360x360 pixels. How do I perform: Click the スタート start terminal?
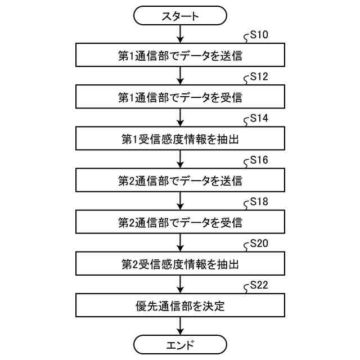[180, 16]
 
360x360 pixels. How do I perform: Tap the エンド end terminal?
[180, 343]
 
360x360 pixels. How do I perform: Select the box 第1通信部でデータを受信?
[180, 97]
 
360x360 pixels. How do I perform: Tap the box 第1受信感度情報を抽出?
[180, 139]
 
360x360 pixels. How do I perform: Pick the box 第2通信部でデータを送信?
[180, 181]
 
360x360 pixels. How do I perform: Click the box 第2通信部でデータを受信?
[180, 222]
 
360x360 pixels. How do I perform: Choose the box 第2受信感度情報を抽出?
[180, 264]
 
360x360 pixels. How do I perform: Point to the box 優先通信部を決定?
[180, 306]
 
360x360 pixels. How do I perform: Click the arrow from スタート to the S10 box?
[180, 35]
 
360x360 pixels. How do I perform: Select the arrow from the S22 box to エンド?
[180, 326]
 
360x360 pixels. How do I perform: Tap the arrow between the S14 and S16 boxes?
[180, 160]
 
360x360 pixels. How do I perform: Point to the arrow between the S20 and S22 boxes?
[180, 285]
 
